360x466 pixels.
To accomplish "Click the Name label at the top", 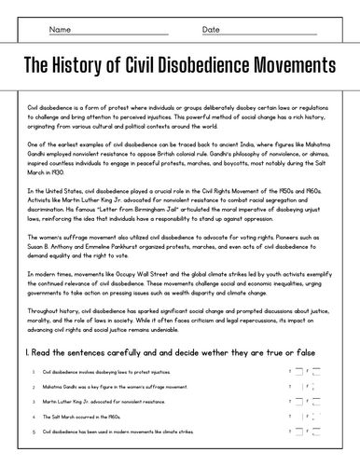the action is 61,29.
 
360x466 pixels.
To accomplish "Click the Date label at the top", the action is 213,29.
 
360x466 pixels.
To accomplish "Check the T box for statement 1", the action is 297,371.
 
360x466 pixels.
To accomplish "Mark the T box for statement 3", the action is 297,402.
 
